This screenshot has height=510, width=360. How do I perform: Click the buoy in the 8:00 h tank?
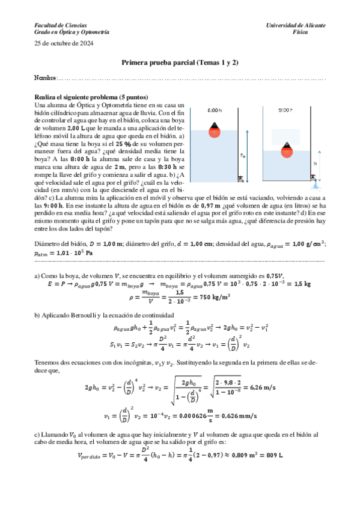[213, 129]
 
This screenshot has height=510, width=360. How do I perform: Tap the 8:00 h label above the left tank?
[213, 111]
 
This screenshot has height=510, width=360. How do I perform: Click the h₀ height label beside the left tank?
[243, 155]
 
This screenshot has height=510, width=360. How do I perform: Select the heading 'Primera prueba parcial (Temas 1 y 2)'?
[180, 62]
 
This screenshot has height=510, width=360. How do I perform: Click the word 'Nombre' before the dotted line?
[44, 79]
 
